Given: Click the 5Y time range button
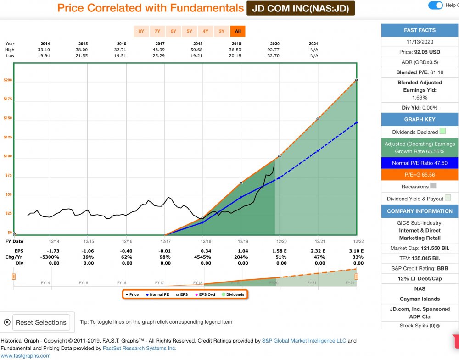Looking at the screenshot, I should pos(190,31).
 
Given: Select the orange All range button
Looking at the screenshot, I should pos(238,31).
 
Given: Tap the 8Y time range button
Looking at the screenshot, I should pos(141,31).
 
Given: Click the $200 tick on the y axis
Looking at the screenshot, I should pos(8,80).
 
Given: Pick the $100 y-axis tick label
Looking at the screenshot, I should pos(8,156).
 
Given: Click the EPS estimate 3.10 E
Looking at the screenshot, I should pos(356,251).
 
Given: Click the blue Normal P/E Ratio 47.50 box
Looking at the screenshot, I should pos(420,163).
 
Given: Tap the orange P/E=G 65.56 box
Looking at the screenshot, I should pos(420,175).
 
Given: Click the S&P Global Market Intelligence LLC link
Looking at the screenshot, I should pos(304,341).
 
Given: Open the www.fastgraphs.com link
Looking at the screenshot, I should pos(26,355).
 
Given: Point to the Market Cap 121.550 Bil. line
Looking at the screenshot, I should pos(420,248).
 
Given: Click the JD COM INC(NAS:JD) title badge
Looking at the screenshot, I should pos(301,8).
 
